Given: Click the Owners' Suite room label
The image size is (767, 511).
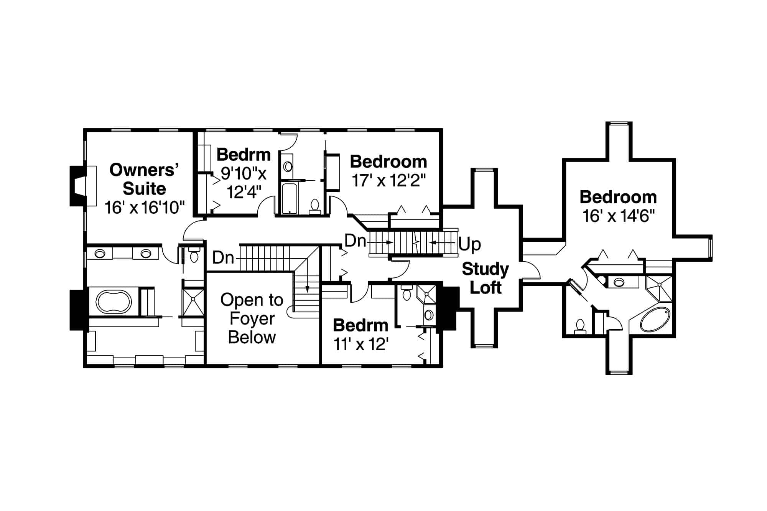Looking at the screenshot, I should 144,179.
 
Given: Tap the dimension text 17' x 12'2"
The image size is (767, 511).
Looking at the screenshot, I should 389,180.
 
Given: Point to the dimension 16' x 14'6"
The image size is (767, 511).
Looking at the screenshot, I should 618,216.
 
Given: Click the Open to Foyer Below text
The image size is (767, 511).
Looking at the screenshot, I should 252,318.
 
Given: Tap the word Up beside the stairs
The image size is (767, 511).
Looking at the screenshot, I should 469,244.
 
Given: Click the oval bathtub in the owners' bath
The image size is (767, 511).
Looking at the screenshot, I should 114,301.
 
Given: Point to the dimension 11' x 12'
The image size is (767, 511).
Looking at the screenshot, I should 361,344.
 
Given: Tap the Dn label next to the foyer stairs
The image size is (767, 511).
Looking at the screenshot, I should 223,258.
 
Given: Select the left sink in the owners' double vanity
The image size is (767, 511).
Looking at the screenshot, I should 100,254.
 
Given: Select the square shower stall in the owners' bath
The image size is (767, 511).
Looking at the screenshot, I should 193,303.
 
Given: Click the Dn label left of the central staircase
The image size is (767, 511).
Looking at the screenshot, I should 355,241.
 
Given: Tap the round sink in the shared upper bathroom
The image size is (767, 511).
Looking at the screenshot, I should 288,166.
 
